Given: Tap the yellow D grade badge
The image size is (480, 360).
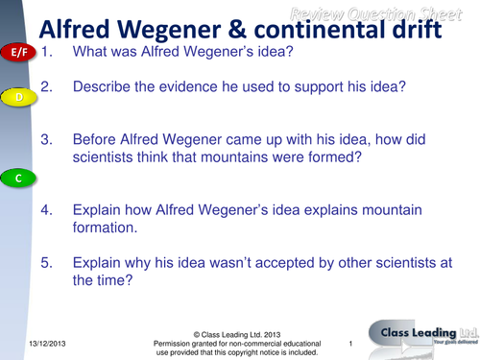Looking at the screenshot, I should pyautogui.click(x=18, y=98).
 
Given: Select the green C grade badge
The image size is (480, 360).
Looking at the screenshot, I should pyautogui.click(x=18, y=179).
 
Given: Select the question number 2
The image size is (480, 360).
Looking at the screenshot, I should pyautogui.click(x=46, y=87).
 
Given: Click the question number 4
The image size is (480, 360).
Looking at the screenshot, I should pyautogui.click(x=46, y=210).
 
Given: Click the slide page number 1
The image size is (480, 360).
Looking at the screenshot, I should pyautogui.click(x=352, y=343).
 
